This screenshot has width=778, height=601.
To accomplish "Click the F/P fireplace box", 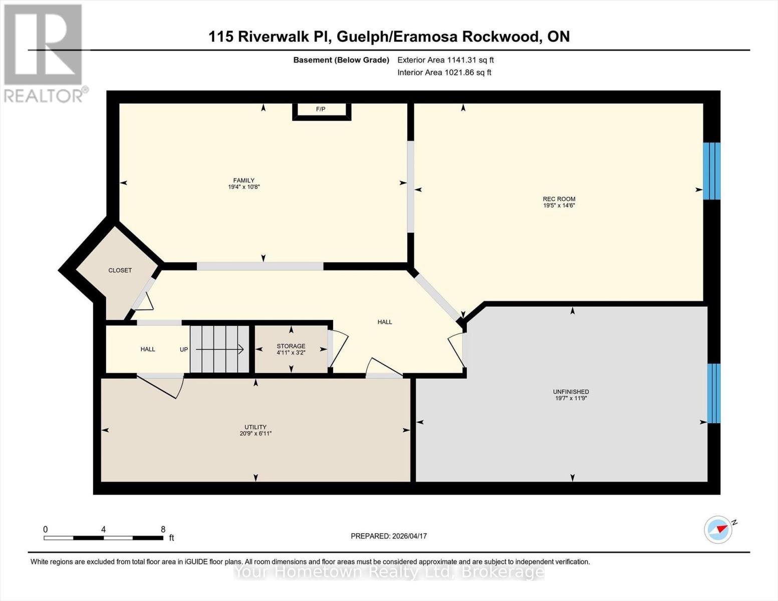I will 321,110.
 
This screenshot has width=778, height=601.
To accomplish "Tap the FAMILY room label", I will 243,180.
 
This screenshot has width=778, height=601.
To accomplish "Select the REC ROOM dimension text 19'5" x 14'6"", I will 559,205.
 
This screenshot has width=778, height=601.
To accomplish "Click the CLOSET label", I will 120,270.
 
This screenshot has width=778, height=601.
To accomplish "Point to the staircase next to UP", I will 219,349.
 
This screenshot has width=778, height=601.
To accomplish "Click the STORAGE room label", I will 291,346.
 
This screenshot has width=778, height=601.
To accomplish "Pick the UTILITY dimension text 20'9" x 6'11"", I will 255,434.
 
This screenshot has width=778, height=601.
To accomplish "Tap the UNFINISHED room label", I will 571,392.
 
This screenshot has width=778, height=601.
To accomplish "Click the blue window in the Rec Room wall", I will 711,171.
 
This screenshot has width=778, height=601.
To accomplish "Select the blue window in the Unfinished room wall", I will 714,393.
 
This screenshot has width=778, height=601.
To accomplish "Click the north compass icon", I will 718,529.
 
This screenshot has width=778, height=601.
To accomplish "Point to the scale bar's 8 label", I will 163,529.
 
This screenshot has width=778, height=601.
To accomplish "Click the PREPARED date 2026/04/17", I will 409,536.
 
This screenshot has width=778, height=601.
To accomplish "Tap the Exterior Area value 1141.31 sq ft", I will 470,60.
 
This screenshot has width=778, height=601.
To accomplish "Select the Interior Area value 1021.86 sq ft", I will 468,73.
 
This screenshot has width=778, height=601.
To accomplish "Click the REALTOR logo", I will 44,53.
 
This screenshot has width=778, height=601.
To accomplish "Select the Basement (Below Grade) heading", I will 341,60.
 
